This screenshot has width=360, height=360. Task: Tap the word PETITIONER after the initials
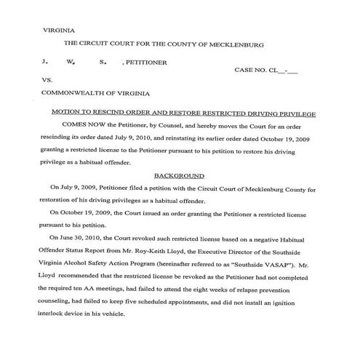tap(146, 63)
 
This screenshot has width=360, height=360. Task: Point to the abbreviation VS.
tap(47, 81)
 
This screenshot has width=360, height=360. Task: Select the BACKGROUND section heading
tap(180, 176)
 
